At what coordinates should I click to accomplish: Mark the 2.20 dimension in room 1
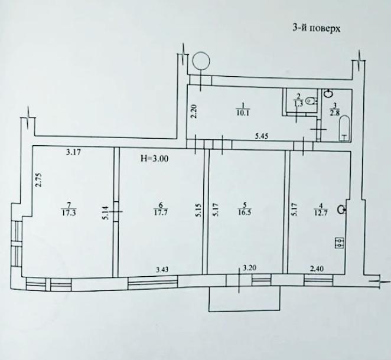point(193,112)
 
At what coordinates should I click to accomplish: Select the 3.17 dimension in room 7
point(73,153)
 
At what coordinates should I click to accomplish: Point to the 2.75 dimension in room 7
point(38,179)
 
